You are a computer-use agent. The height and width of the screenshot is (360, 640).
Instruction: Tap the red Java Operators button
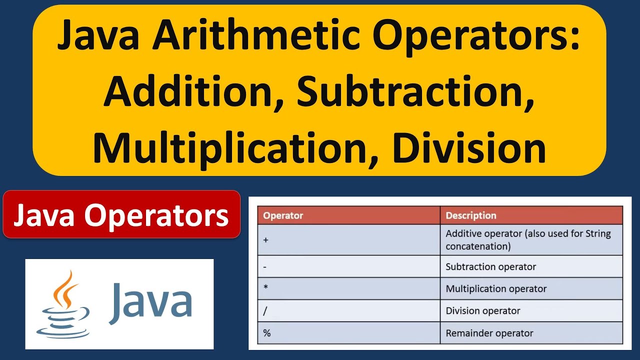point(121,215)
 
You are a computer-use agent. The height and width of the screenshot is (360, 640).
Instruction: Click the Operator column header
point(283,216)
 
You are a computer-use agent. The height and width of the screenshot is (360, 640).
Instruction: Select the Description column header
point(471,216)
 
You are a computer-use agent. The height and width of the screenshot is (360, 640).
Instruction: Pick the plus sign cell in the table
point(265,240)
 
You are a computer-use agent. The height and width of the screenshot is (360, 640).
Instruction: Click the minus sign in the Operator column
point(264,267)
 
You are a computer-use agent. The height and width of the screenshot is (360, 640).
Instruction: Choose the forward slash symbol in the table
point(265,311)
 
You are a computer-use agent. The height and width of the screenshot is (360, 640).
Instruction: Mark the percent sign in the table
point(266,333)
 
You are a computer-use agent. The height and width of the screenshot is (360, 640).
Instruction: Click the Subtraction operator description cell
point(490,267)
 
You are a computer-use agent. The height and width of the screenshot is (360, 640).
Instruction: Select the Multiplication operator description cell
point(496,289)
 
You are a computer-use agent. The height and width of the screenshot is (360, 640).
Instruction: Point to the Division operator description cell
point(483,311)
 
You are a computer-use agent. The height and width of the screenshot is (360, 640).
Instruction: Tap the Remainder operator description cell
point(489,333)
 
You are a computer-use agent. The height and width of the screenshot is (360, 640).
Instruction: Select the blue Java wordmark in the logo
point(150,301)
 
